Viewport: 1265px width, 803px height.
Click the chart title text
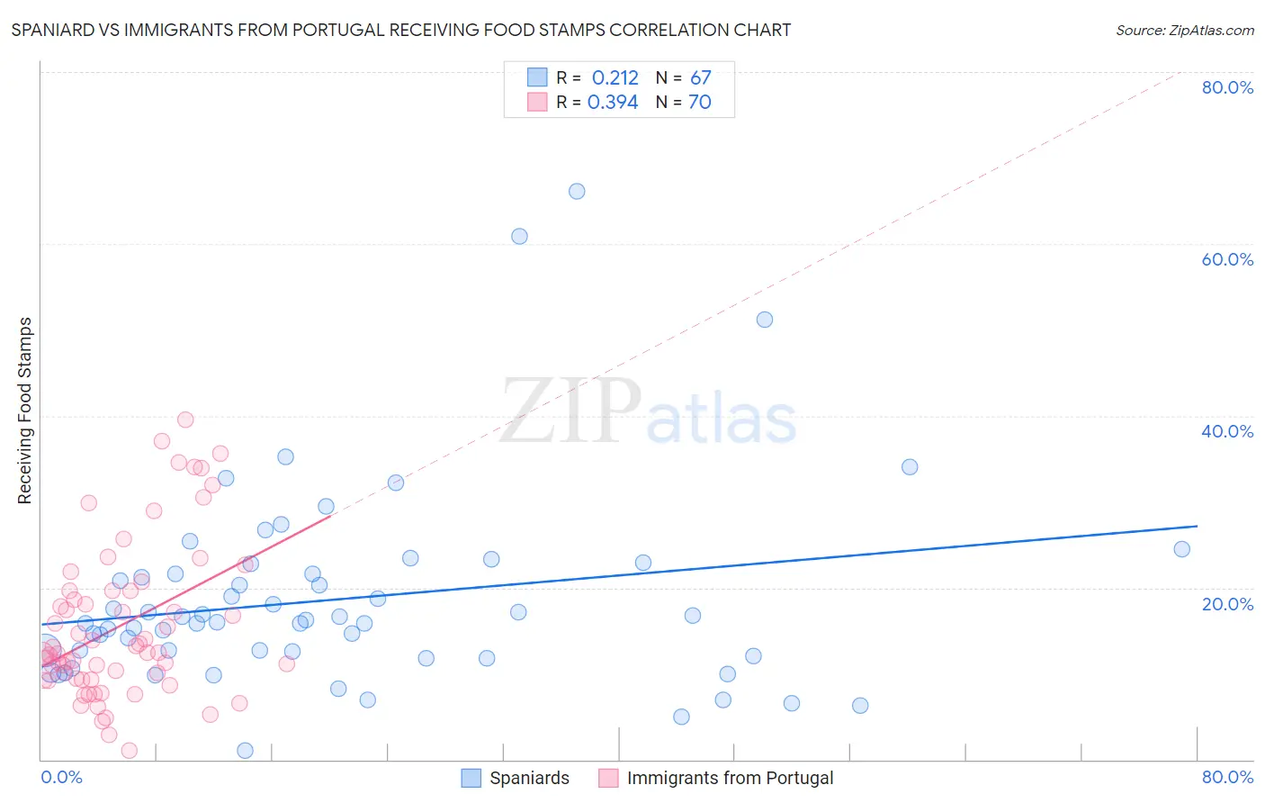point(401,30)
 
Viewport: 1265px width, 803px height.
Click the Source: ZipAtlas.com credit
point(1184,31)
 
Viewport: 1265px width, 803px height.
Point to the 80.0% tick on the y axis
point(1227,87)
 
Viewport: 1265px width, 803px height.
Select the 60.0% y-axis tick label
point(1227,259)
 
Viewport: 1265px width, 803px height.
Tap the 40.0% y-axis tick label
point(1227,431)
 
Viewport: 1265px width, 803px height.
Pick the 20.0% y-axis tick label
point(1227,604)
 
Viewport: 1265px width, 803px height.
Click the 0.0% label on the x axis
point(61,777)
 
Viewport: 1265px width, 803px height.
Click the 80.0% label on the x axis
point(1227,777)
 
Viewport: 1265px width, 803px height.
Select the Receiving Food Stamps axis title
point(25,411)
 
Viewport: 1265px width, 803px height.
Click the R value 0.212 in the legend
point(615,78)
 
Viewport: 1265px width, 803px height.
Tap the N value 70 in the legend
point(699,103)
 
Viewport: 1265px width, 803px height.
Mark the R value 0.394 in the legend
point(613,103)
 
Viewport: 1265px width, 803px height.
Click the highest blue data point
point(577,191)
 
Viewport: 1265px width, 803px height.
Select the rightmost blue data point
point(1182,549)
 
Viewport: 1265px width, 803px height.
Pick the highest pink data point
point(185,420)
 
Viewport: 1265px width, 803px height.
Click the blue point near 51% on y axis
point(765,320)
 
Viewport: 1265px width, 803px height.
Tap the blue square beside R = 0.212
point(537,77)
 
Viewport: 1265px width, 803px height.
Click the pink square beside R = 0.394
point(537,102)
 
